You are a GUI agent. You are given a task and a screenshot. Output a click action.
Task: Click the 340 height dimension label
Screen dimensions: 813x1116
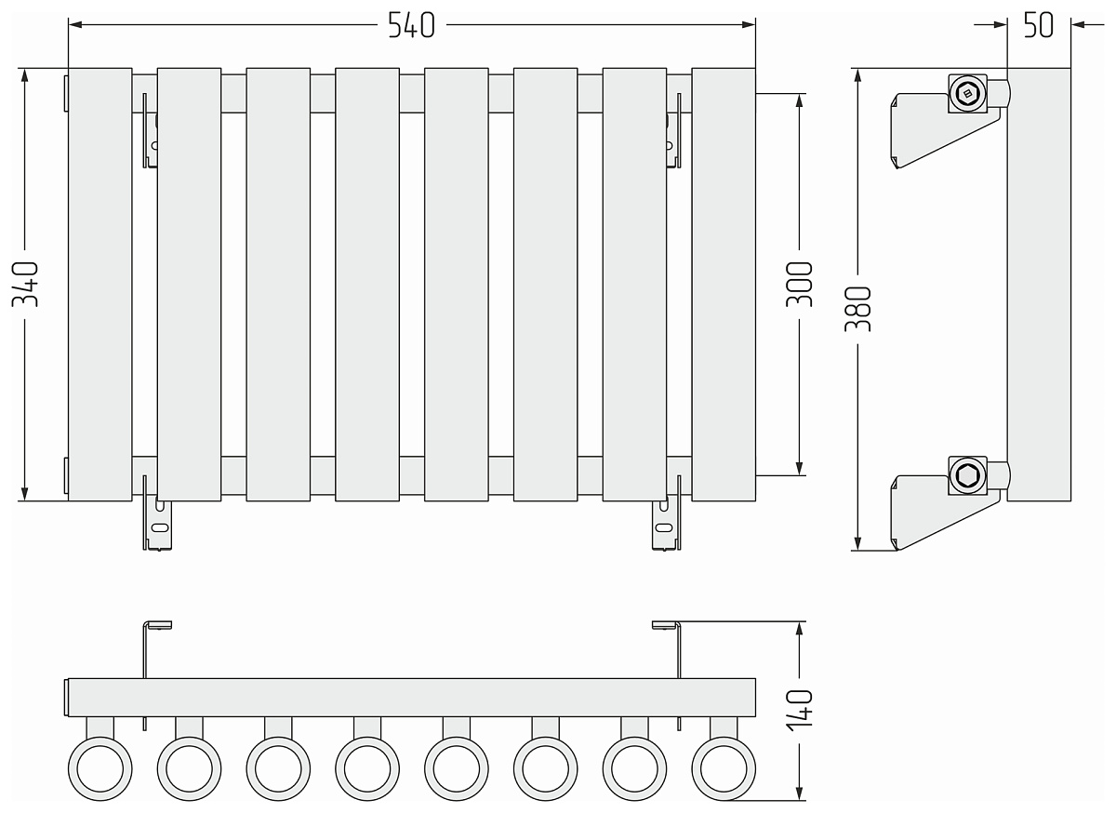click(x=25, y=284)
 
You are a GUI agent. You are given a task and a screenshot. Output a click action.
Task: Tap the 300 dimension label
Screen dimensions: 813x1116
click(x=800, y=284)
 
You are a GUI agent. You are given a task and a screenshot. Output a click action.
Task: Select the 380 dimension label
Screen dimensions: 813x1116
click(x=858, y=309)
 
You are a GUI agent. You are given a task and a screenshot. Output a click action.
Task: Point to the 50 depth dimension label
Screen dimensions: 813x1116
click(x=1038, y=25)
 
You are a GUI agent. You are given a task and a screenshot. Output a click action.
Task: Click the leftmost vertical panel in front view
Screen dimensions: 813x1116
click(x=100, y=284)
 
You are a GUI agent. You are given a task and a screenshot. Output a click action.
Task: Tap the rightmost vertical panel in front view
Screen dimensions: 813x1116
click(x=724, y=284)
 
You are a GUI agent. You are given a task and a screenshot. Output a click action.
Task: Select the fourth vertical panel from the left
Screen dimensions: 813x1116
click(x=367, y=284)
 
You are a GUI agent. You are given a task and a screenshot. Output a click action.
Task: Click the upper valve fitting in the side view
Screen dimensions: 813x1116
click(x=968, y=92)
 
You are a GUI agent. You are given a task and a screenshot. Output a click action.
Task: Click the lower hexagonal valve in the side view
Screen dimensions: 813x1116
click(x=966, y=475)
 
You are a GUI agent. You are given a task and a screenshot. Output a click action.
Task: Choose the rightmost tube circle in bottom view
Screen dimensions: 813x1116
click(x=724, y=768)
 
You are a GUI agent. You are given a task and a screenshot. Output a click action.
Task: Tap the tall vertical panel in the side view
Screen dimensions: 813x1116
click(x=1038, y=284)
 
